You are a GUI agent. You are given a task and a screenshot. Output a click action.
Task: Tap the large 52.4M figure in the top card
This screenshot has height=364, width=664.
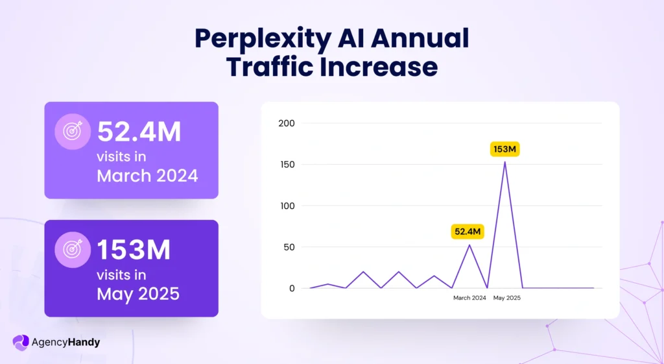[139, 132]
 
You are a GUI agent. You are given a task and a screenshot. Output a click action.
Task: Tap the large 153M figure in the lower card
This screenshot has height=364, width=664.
[134, 250]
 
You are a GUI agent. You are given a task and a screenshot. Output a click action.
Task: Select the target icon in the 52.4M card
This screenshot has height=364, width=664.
[72, 132]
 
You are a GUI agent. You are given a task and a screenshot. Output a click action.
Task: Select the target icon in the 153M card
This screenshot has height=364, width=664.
[72, 250]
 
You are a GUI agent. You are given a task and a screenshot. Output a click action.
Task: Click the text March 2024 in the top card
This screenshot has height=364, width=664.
[147, 175]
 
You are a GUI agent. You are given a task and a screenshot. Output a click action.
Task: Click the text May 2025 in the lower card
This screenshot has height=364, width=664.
[138, 293]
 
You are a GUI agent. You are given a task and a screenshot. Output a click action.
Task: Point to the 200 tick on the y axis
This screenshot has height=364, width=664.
[286, 123]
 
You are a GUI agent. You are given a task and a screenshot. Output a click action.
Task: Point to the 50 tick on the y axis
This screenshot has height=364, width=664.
[288, 247]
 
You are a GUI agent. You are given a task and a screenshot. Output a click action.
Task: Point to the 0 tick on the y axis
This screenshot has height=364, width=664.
[292, 288]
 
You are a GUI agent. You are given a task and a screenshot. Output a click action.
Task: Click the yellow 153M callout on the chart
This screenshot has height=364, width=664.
[504, 150]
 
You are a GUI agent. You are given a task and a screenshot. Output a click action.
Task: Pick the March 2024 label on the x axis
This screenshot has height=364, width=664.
[469, 298]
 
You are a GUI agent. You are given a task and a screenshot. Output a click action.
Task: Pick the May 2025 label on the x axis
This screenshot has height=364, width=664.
[506, 298]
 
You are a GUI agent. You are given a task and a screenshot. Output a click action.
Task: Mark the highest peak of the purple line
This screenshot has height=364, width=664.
[504, 162]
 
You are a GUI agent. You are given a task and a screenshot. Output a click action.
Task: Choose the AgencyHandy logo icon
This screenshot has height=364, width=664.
[21, 342]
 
